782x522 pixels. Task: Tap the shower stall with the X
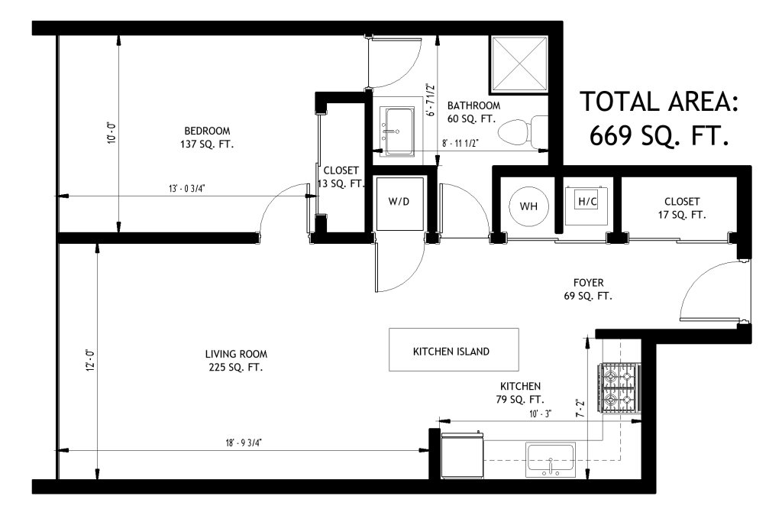(519, 64)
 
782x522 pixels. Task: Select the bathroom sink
(397, 131)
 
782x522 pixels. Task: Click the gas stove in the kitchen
(620, 388)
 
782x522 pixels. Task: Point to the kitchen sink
(551, 459)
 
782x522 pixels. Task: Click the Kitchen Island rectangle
(454, 349)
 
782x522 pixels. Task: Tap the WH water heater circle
(528, 206)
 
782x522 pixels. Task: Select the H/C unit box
(587, 205)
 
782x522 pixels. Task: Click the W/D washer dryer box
(399, 203)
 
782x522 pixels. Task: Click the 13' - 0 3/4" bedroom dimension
(186, 189)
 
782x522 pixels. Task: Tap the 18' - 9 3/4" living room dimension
(244, 443)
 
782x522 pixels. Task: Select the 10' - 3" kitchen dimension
(540, 413)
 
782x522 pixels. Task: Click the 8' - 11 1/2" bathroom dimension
(460, 143)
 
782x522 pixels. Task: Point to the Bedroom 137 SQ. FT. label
(207, 138)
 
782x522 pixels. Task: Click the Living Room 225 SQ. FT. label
(236, 360)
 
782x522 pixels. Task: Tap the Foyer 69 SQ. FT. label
(588, 289)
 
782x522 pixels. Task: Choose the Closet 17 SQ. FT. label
(682, 208)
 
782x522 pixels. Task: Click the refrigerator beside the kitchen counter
(462, 456)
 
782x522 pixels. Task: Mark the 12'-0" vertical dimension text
(90, 360)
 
